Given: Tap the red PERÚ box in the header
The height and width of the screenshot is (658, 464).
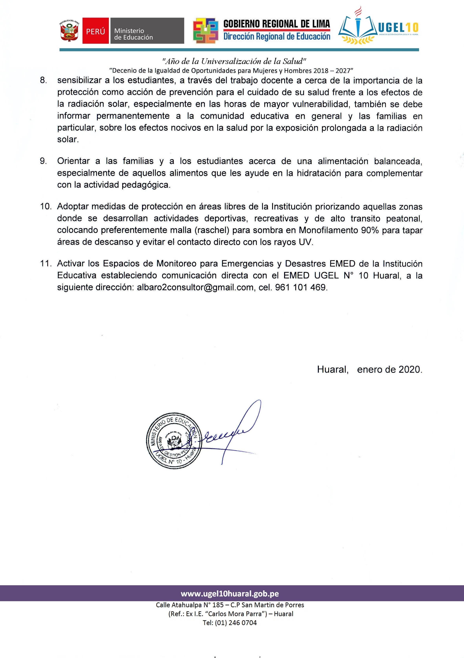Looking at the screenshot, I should [96, 31].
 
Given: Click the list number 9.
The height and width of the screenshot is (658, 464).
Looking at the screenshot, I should [43, 161].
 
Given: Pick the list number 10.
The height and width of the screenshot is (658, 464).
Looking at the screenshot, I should [45, 207].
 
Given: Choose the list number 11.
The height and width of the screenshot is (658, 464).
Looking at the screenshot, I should [45, 264].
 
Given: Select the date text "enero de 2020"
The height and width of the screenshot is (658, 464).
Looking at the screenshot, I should [389, 370].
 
